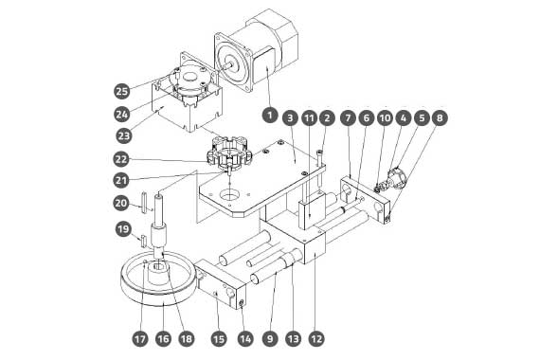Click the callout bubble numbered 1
[270, 115]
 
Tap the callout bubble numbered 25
[121, 91]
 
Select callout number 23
[124, 135]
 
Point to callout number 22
[121, 159]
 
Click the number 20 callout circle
[121, 203]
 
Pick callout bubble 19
[123, 229]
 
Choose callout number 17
[140, 339]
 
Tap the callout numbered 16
[163, 339]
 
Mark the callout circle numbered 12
[316, 339]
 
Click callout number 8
[440, 118]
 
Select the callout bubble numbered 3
[290, 118]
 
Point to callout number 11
[310, 118]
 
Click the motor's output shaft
[227, 65]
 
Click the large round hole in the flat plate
[229, 195]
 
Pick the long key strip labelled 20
[143, 204]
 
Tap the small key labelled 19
[143, 241]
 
